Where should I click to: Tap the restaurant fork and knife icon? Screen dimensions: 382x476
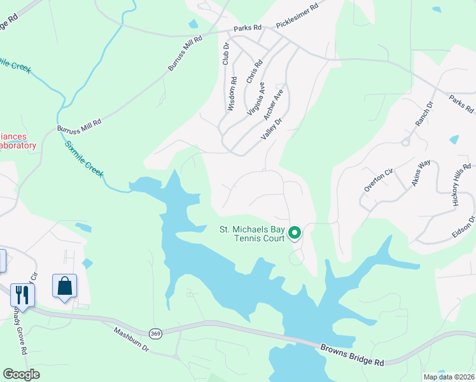22,295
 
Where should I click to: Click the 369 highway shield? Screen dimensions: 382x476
155,333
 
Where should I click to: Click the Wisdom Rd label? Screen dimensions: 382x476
232,94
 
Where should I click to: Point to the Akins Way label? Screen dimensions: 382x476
420,172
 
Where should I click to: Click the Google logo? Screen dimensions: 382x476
21,374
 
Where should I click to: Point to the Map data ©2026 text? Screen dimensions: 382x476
449,377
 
